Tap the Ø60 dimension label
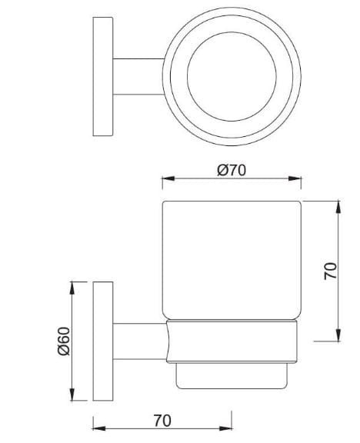click(x=65, y=340)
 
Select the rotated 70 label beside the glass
click(x=329, y=271)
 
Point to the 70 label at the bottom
click(x=162, y=421)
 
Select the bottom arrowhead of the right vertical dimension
click(x=338, y=336)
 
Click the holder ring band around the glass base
click(x=231, y=342)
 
